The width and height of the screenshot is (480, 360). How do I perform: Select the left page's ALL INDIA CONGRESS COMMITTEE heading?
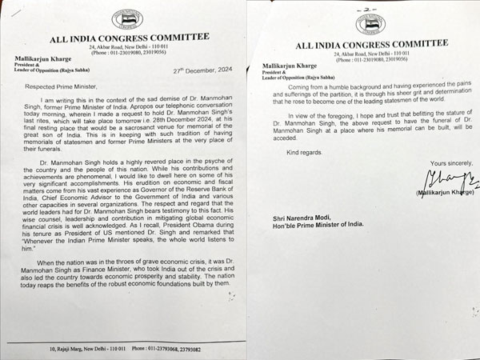129,36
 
